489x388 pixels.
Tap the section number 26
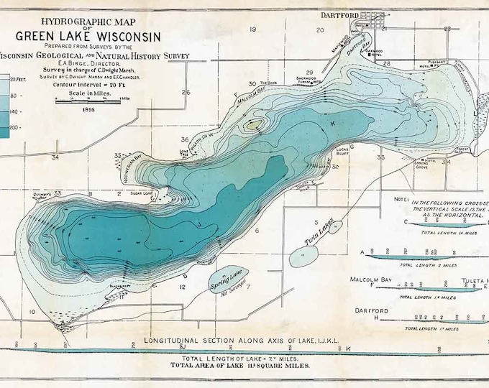(186, 92)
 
